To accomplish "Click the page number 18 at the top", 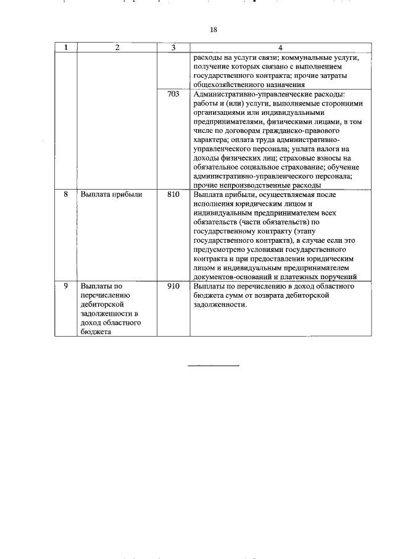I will pyautogui.click(x=214, y=30).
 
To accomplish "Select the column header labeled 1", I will pyautogui.click(x=65, y=48).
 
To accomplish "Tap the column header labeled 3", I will pyautogui.click(x=173, y=48).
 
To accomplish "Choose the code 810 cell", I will pyautogui.click(x=173, y=195).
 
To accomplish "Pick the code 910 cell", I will pyautogui.click(x=173, y=287).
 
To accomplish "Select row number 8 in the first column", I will pyautogui.click(x=65, y=195).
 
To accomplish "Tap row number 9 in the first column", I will pyautogui.click(x=65, y=287).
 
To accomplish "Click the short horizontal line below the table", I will pyautogui.click(x=214, y=366).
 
